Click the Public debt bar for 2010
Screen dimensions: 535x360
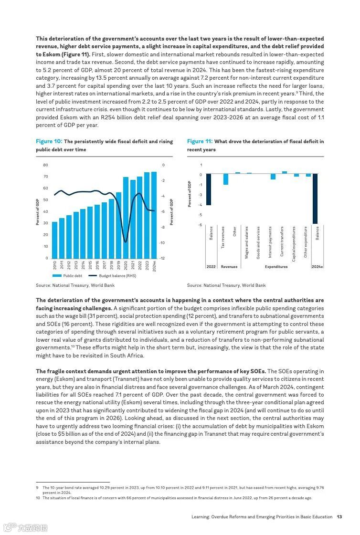[54, 240]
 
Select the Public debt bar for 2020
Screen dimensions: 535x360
[126, 218]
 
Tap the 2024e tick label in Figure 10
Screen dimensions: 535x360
[154, 266]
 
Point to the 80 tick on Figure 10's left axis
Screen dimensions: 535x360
[46, 165]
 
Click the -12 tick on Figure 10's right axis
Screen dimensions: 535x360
[163, 258]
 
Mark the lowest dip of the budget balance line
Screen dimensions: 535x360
[126, 242]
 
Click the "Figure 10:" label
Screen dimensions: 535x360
[49, 141]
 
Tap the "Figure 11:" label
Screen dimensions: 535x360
[200, 141]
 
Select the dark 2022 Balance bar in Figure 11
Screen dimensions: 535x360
[209, 189]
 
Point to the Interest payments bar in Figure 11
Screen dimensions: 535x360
[273, 177]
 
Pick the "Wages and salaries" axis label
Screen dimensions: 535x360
[247, 242]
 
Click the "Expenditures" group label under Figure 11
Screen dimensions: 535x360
[276, 267]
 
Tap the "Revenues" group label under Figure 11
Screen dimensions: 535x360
[229, 267]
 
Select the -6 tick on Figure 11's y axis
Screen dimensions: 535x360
[201, 225]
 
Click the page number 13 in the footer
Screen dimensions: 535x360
[339, 516]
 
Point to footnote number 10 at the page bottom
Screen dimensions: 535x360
[38, 498]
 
